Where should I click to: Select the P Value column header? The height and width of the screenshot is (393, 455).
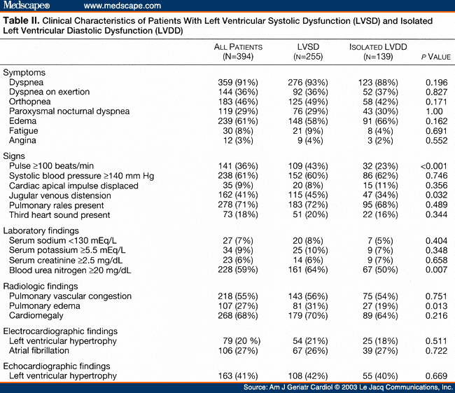click(435, 54)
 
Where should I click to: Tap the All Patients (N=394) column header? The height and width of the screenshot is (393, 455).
click(238, 50)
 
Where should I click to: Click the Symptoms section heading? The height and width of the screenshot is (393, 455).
click(24, 72)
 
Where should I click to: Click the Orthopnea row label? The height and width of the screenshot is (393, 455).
click(32, 102)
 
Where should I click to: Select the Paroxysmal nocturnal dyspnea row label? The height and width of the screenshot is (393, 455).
click(69, 111)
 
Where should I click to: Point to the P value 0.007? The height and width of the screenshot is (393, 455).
click(435, 270)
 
